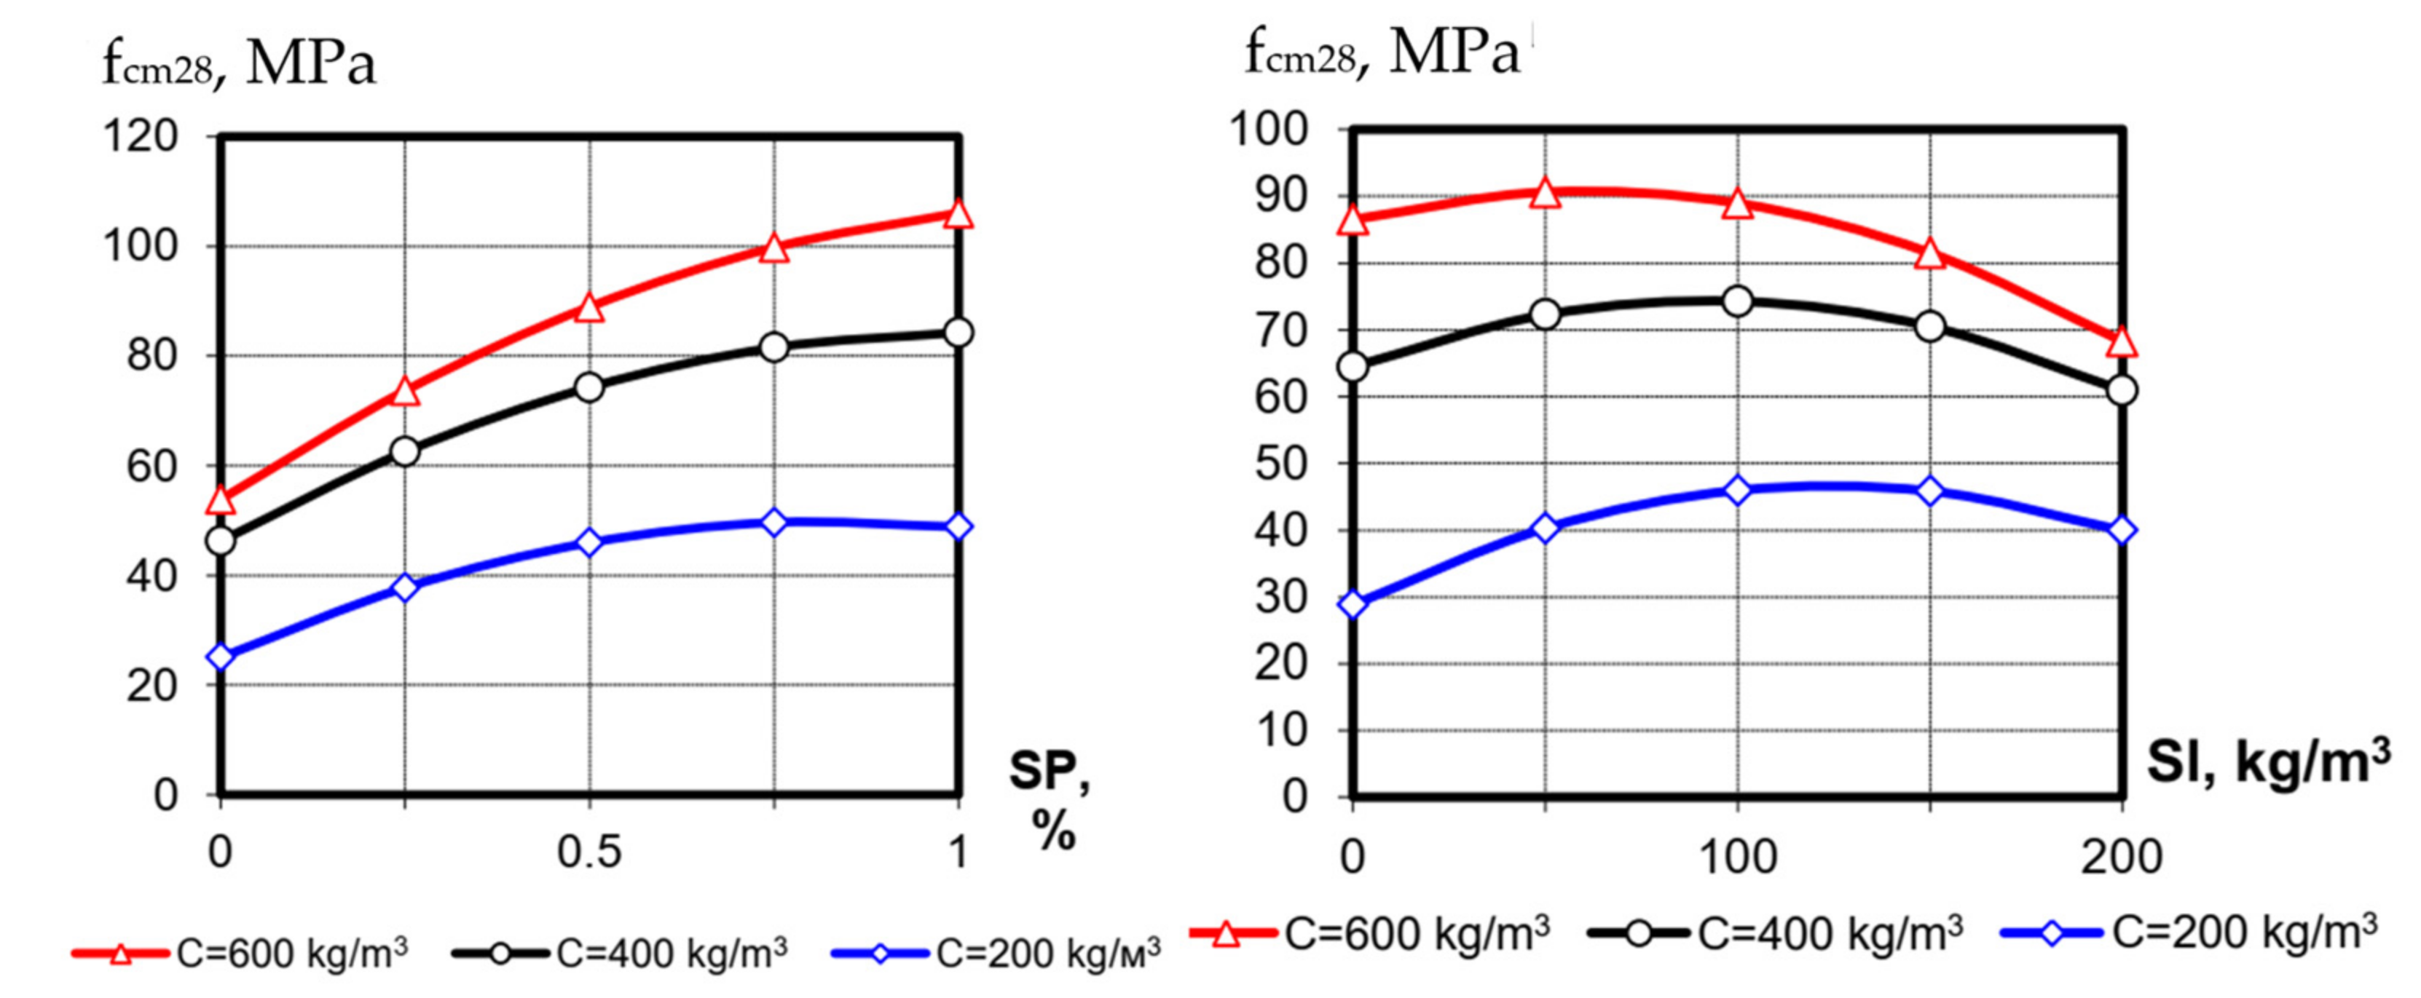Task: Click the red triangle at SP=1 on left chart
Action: click(x=958, y=214)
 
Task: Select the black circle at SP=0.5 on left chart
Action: click(x=589, y=387)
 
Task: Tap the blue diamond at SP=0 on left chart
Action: click(x=221, y=656)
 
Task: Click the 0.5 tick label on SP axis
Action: click(x=589, y=852)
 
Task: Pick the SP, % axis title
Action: click(x=1051, y=801)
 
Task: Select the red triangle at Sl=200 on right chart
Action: click(x=2122, y=343)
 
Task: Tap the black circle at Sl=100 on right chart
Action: click(x=1737, y=301)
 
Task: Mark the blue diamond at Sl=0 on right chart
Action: click(x=1353, y=604)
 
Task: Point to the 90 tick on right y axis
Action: click(x=1282, y=197)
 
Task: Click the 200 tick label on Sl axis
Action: click(x=2122, y=856)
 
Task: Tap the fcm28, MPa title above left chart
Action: click(x=240, y=64)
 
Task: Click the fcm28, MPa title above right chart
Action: click(x=1382, y=52)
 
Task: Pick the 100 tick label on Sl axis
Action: click(x=1737, y=856)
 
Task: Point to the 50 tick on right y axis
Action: click(x=1282, y=463)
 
